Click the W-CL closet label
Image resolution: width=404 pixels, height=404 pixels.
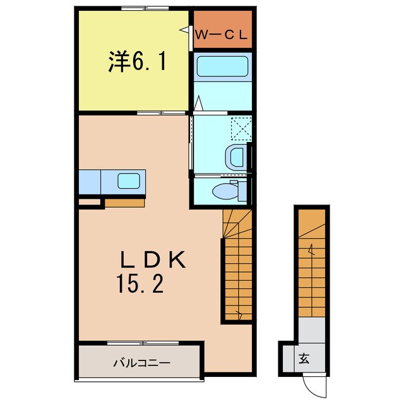click(221, 35)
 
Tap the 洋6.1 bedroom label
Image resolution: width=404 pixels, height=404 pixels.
click(137, 61)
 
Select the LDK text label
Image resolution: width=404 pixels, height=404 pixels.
click(153, 259)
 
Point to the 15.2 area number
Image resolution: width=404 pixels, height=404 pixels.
click(140, 283)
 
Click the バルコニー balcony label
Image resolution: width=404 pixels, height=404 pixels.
click(142, 364)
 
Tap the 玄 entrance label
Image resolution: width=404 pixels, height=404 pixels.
click(304, 359)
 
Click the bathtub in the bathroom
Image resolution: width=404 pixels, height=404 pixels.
click(223, 66)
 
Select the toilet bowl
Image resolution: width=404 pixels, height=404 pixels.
click(225, 191)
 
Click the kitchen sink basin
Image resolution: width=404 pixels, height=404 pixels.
click(129, 181)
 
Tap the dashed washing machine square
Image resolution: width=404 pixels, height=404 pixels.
click(241, 128)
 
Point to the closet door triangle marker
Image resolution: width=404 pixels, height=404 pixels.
click(185, 30)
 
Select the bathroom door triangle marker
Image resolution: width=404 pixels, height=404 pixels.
click(198, 104)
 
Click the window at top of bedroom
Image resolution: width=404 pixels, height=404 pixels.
click(145, 8)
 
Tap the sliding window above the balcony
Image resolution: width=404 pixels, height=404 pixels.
click(143, 343)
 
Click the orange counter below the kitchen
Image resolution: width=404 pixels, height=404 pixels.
click(124, 203)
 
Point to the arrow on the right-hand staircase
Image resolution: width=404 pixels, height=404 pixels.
click(311, 249)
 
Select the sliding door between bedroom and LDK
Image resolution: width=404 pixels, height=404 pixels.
click(161, 113)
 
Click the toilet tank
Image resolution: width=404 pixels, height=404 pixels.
click(242, 191)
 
